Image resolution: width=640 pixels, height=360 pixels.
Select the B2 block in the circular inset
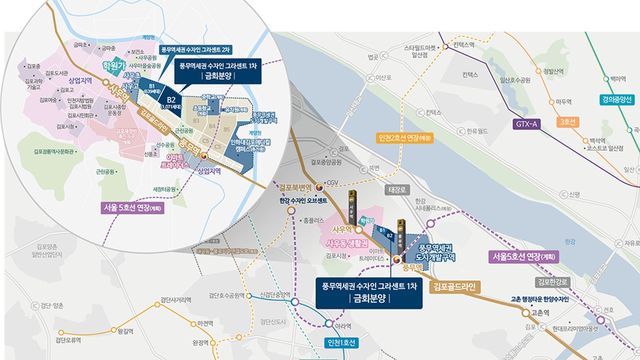(171, 99)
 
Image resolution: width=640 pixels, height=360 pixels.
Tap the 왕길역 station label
(127, 331)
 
